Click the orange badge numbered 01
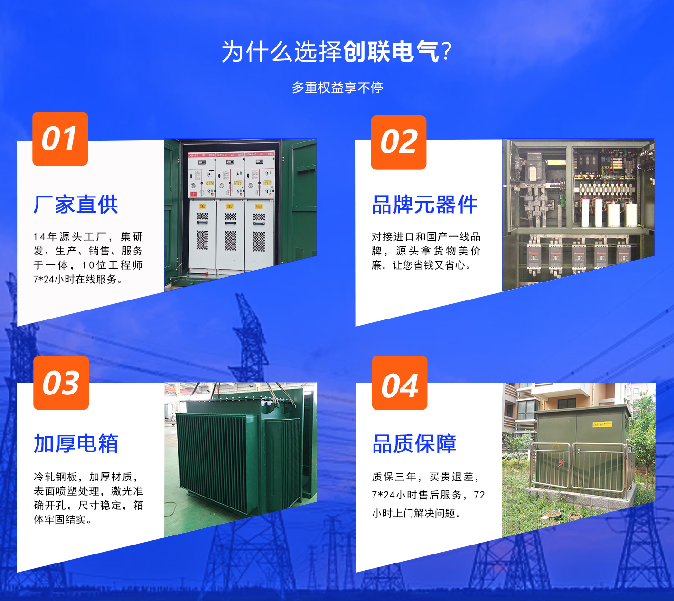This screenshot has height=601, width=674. pyautogui.click(x=60, y=139)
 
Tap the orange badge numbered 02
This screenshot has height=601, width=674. pyautogui.click(x=399, y=142)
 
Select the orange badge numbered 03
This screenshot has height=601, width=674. pyautogui.click(x=61, y=383)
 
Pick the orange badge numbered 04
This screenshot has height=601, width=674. pyautogui.click(x=400, y=383)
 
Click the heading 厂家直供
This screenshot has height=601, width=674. pyautogui.click(x=75, y=204)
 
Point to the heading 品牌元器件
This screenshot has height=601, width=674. pyautogui.click(x=425, y=204)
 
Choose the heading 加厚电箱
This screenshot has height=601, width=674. pyautogui.click(x=76, y=443)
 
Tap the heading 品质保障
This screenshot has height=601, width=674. pyautogui.click(x=414, y=443)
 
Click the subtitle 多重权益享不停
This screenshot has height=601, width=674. pyautogui.click(x=337, y=87)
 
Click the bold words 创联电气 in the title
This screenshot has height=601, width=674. pyautogui.click(x=391, y=52)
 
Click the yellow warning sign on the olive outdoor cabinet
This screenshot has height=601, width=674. pyautogui.click(x=602, y=424)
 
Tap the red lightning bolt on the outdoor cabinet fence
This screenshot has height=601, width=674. pyautogui.click(x=562, y=462)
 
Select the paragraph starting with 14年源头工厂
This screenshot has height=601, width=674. pyautogui.click(x=88, y=258)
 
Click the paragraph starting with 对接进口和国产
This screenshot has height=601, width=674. pyautogui.click(x=426, y=251)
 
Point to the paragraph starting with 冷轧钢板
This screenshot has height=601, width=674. pyautogui.click(x=88, y=498)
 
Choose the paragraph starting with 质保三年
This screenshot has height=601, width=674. pyautogui.click(x=429, y=495)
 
